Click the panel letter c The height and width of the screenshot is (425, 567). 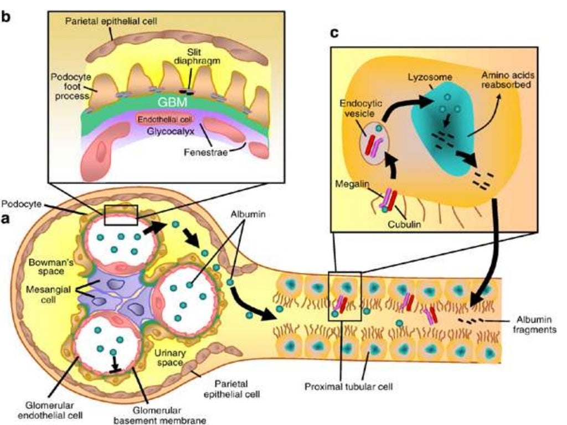coord(334,34)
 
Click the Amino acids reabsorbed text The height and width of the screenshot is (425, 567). coord(502,81)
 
